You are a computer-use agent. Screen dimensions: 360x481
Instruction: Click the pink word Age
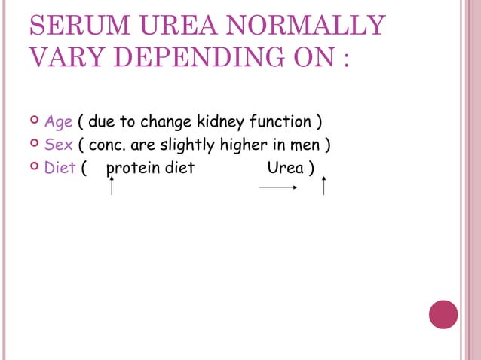pyautogui.click(x=57, y=122)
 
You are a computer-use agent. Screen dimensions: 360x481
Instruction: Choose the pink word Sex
pyautogui.click(x=57, y=145)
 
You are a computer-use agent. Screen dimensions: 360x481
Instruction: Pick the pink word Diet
pyautogui.click(x=60, y=167)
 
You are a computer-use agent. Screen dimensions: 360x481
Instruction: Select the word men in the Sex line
pyautogui.click(x=306, y=145)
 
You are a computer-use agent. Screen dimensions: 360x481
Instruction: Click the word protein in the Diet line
pyautogui.click(x=133, y=167)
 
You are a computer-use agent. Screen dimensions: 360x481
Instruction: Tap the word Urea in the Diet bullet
pyautogui.click(x=285, y=167)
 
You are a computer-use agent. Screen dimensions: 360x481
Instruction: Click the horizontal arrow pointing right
pyautogui.click(x=278, y=188)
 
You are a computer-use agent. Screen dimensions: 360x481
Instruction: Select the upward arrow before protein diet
pyautogui.click(x=112, y=184)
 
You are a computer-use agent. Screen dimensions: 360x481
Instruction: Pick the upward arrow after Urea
pyautogui.click(x=323, y=185)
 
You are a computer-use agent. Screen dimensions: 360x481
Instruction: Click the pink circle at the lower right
pyautogui.click(x=443, y=314)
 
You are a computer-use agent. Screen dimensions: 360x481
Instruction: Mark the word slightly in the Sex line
pyautogui.click(x=184, y=145)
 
